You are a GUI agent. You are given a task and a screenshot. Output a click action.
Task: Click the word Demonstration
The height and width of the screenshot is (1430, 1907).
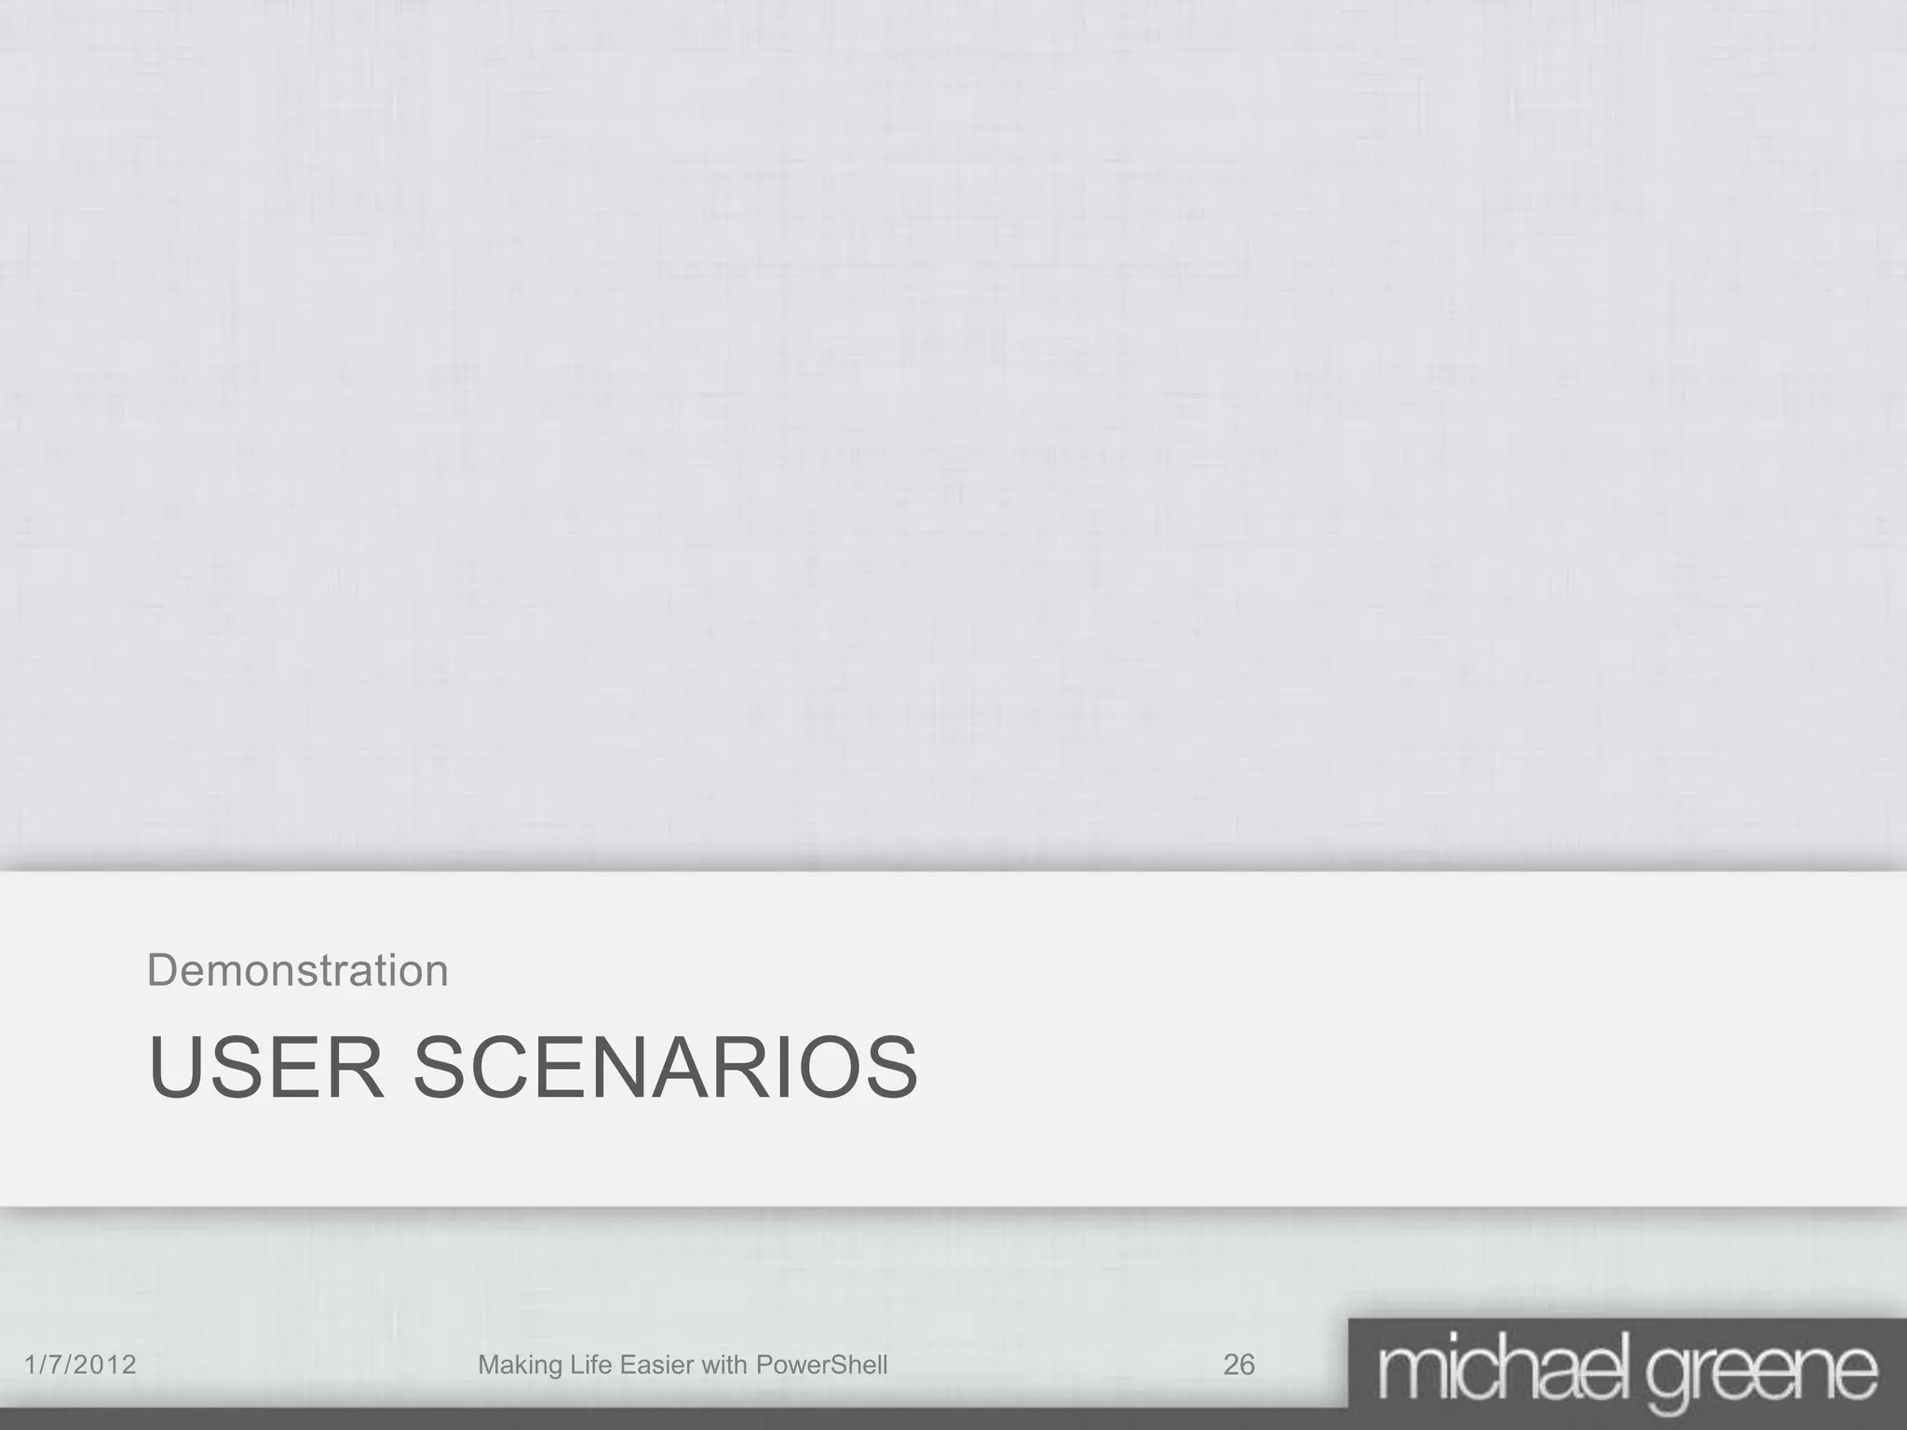coord(297,971)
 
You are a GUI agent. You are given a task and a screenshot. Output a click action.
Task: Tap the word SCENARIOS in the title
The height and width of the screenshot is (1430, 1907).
coord(665,1068)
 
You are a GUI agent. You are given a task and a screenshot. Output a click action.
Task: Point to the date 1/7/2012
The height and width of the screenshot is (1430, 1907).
coord(80,1366)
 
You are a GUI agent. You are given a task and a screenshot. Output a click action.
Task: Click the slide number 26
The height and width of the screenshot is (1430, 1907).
coord(1238,1366)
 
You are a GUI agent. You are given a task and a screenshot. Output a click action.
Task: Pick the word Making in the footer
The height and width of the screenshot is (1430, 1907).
coord(507,1366)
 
